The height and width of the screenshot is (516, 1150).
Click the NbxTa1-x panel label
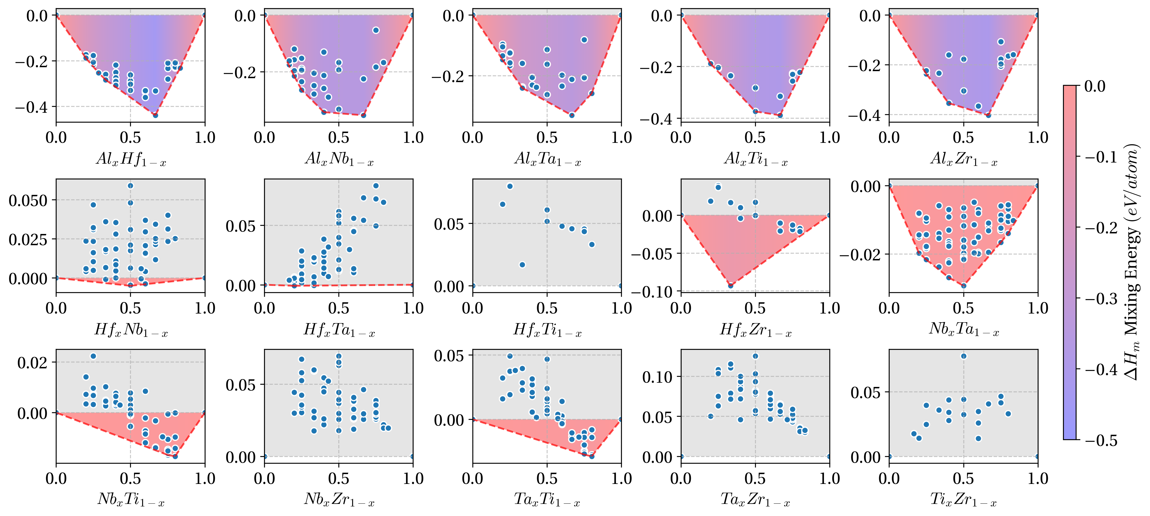pyautogui.click(x=963, y=329)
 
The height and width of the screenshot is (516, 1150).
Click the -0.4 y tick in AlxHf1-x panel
pyautogui.click(x=31, y=107)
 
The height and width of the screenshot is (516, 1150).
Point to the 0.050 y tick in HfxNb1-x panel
pyautogui.click(x=28, y=200)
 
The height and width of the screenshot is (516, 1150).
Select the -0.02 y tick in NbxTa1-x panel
pyautogui.click(x=860, y=255)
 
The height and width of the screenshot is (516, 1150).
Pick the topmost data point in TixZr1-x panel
pyautogui.click(x=963, y=356)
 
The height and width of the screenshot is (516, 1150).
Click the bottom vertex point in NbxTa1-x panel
pyautogui.click(x=963, y=285)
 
